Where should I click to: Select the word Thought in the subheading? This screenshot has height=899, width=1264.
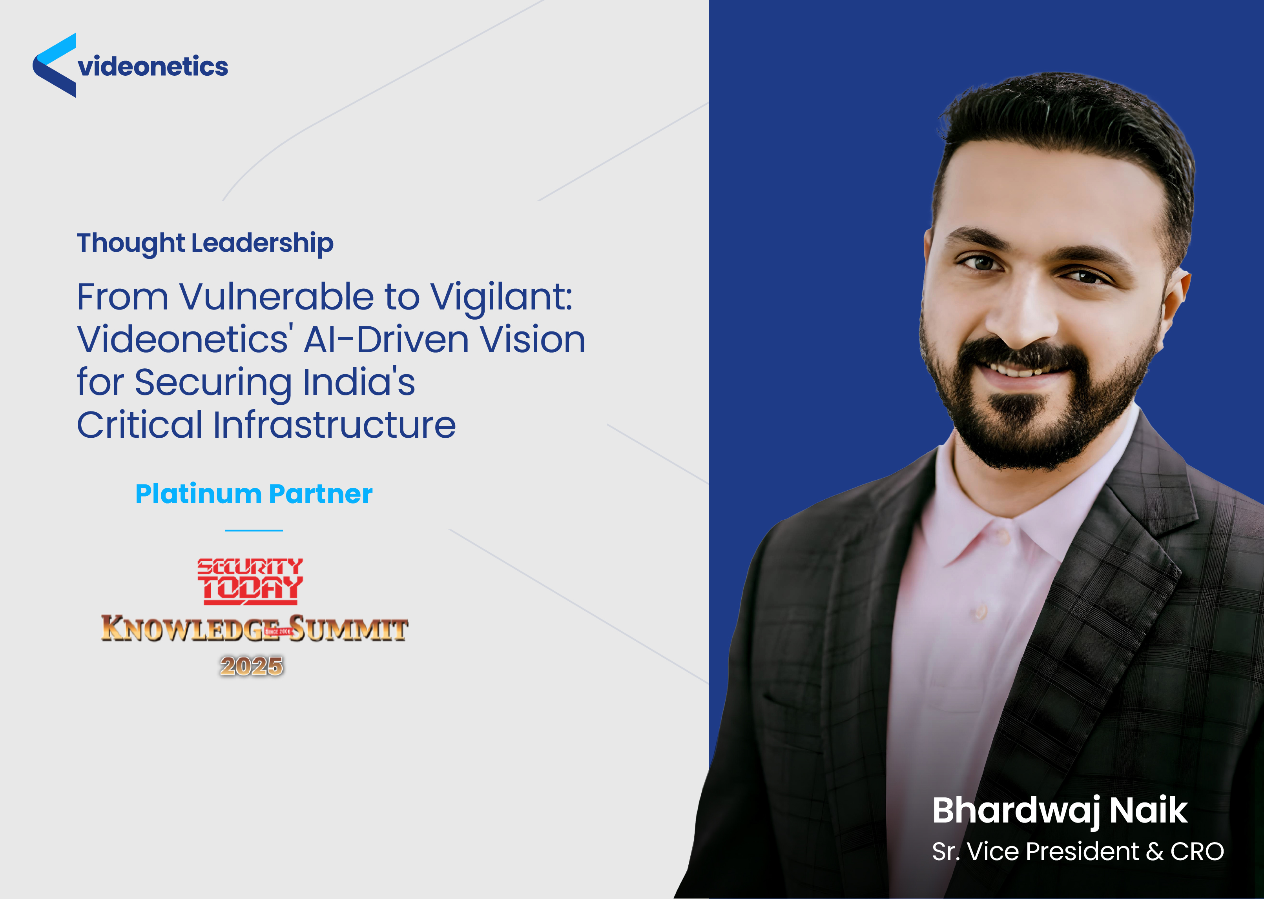[x=131, y=244]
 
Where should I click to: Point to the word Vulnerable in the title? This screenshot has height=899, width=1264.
[x=277, y=297]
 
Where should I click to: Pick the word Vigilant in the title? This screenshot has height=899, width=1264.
[x=501, y=297]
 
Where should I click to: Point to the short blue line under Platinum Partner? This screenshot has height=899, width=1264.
[x=254, y=530]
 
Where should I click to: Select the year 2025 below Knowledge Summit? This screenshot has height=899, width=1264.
[x=252, y=666]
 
